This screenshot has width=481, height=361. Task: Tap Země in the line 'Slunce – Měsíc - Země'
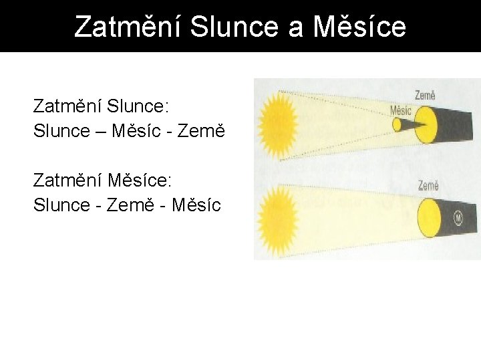point(200,131)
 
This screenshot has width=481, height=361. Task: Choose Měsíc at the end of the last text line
point(196,205)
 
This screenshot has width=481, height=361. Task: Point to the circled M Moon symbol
point(458,217)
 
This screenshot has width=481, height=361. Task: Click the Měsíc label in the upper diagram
point(401,110)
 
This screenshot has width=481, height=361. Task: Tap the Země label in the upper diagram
point(426,96)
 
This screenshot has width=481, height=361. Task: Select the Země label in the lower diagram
point(428,185)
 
